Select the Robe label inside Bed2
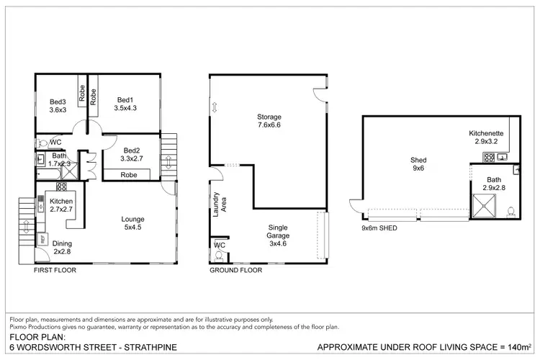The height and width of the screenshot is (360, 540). click(130, 175)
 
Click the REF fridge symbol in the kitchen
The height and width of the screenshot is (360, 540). click(42, 238)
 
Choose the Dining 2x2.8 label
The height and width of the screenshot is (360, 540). click(63, 248)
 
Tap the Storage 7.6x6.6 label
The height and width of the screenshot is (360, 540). click(269, 121)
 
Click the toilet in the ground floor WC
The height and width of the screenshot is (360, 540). click(219, 255)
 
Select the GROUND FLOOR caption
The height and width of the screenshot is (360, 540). click(235, 271)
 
